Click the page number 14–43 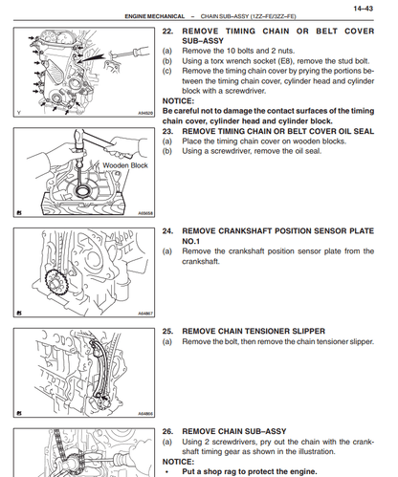363,9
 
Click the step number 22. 167,32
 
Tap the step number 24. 167,231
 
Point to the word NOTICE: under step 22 178,101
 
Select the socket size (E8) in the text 285,61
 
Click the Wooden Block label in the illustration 125,165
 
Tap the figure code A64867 145,314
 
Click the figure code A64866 145,414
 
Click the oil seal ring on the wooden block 83,190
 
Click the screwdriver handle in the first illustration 141,51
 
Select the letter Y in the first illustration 19,113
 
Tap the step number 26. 167,431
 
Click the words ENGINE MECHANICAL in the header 155,16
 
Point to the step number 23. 167,131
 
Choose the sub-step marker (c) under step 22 166,71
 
